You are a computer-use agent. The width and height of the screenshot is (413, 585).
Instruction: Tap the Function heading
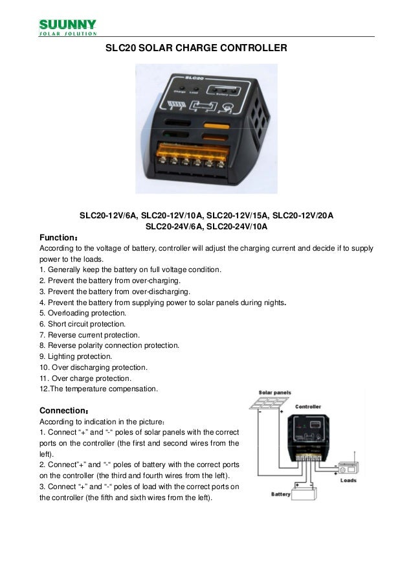point(60,237)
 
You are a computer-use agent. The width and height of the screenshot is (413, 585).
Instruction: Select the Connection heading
point(65,411)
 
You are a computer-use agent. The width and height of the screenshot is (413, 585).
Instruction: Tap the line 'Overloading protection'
point(82,312)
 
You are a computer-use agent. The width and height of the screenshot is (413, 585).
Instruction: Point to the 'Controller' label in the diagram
point(311,407)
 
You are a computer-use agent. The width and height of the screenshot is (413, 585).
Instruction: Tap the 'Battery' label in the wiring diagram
point(281,494)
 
